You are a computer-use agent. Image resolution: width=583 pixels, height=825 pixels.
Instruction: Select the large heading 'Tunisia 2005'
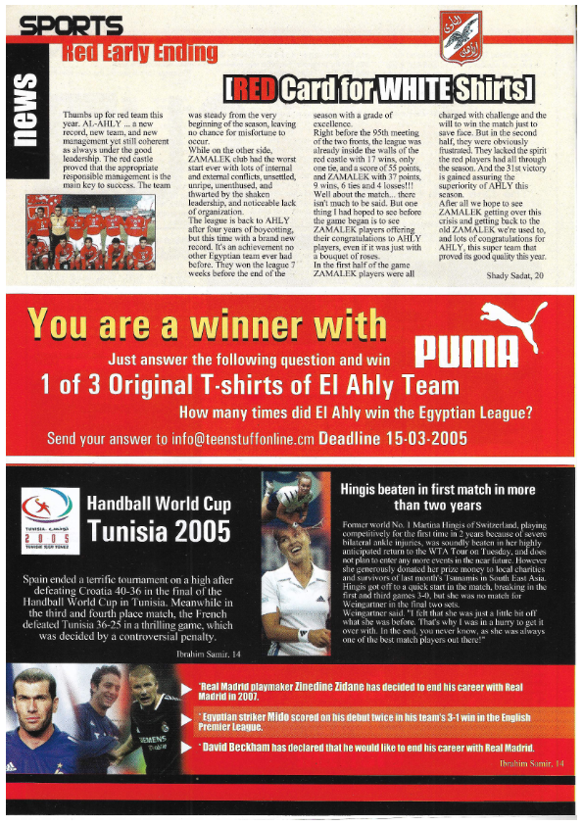point(159,530)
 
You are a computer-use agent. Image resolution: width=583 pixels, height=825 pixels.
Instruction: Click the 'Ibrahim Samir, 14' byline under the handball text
point(201,651)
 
